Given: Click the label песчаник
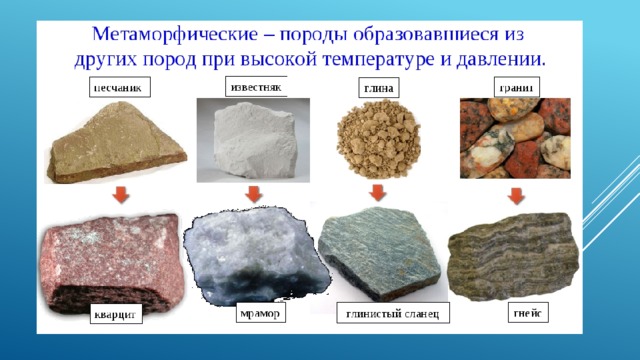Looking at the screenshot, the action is pyautogui.click(x=120, y=87).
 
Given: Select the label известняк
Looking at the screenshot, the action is pyautogui.click(x=256, y=87).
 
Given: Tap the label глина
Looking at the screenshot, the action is pyautogui.click(x=378, y=88).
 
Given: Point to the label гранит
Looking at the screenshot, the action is pyautogui.click(x=517, y=87).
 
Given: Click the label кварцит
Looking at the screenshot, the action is pyautogui.click(x=116, y=313).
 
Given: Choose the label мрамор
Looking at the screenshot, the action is pyautogui.click(x=260, y=313).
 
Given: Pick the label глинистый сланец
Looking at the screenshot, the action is pyautogui.click(x=393, y=313).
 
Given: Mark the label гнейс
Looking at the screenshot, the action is pyautogui.click(x=528, y=312).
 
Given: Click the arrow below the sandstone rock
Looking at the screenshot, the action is pyautogui.click(x=121, y=195).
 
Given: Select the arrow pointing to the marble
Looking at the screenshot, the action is pyautogui.click(x=253, y=194).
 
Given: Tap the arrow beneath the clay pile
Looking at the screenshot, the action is pyautogui.click(x=378, y=193).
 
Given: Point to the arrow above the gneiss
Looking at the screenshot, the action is pyautogui.click(x=516, y=196).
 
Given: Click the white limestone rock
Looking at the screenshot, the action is pyautogui.click(x=254, y=140).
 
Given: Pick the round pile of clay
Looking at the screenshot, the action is pyautogui.click(x=378, y=139).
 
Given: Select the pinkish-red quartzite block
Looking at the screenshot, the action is pyautogui.click(x=111, y=263).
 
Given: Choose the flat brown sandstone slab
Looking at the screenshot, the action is pyautogui.click(x=116, y=143).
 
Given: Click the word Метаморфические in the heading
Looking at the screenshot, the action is pyautogui.click(x=175, y=34).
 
